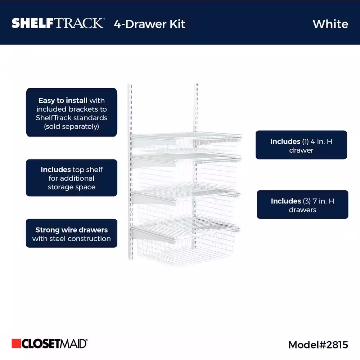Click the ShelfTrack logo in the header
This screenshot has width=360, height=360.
(x=58, y=23)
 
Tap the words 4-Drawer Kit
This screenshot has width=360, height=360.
(x=149, y=24)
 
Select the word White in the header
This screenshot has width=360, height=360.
(x=330, y=24)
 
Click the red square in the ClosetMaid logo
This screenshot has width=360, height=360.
(x=16, y=343)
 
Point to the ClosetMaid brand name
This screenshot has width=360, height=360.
(x=54, y=343)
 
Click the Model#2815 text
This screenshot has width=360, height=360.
(x=318, y=345)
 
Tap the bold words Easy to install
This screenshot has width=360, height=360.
(x=63, y=101)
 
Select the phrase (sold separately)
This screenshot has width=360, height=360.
(x=71, y=127)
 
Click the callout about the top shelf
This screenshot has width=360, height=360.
(x=71, y=178)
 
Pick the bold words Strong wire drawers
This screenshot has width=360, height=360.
(x=71, y=230)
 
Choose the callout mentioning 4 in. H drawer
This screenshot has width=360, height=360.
(x=301, y=145)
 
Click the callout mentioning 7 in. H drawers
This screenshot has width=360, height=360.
(x=302, y=204)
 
